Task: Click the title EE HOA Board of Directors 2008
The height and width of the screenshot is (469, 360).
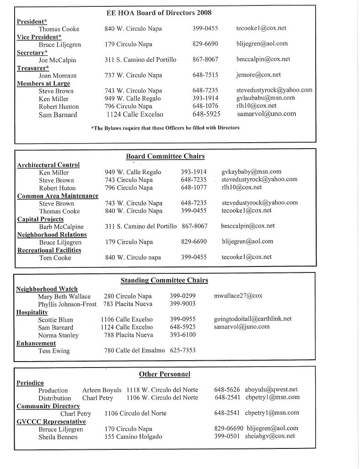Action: [159, 13]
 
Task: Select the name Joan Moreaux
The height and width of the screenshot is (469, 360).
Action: [58, 75]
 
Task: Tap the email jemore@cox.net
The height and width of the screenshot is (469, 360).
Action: [258, 75]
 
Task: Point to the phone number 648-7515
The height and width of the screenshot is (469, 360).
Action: [205, 75]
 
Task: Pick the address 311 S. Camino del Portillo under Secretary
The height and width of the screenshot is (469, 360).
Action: [140, 59]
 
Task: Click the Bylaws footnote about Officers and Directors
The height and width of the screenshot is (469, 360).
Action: [165, 128]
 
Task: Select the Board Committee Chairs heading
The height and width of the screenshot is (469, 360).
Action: [165, 156]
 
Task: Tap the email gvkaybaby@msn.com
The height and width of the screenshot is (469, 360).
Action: [251, 172]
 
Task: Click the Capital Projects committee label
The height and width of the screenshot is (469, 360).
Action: [40, 219]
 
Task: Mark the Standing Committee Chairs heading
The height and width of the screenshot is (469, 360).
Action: [164, 280]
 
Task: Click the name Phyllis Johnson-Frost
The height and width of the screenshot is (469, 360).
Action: [67, 304]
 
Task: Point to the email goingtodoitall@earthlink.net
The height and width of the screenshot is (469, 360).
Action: [253, 319]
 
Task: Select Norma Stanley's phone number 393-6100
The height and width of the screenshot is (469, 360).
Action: [183, 335]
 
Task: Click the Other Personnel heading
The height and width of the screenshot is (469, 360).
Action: [165, 374]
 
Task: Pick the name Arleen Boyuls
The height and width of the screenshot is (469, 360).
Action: [102, 390]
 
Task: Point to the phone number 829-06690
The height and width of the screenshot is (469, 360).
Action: [228, 428]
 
